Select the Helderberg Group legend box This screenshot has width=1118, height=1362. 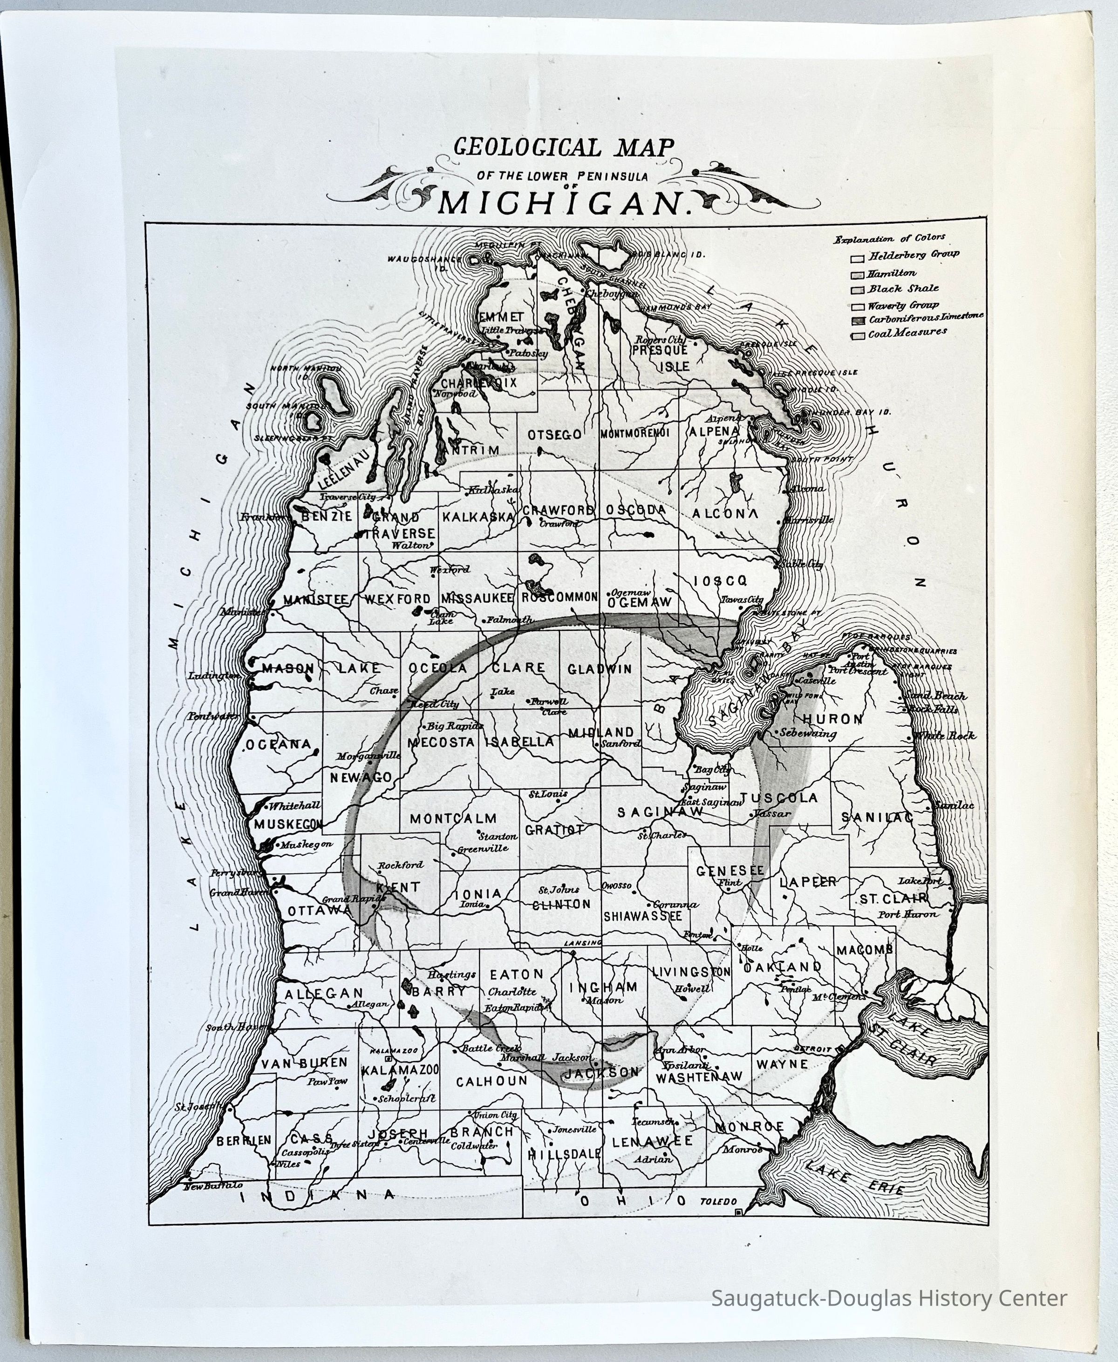tap(857, 259)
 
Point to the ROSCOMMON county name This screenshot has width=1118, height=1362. tap(559, 598)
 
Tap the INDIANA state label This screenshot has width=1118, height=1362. tap(317, 1195)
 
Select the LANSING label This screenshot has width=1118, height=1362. tap(583, 943)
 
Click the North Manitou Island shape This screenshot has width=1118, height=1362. tap(334, 391)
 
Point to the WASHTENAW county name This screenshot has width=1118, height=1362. tap(699, 1076)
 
